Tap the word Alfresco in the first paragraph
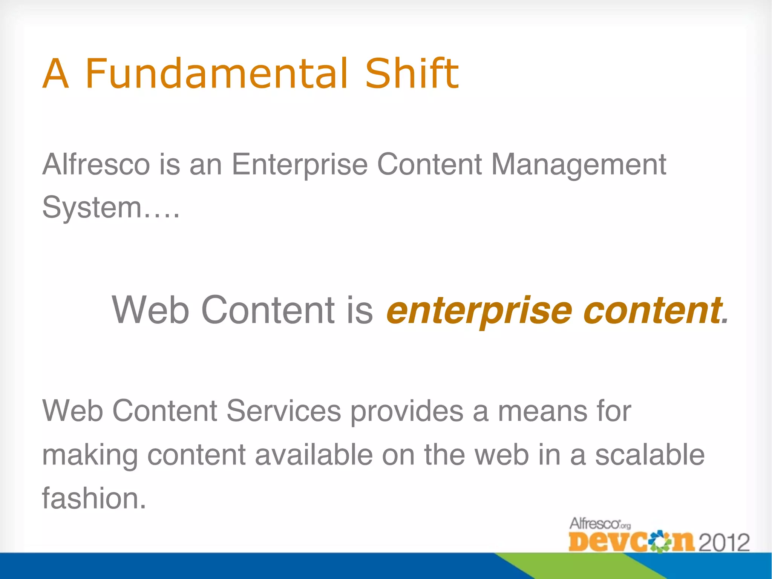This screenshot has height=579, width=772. point(96,165)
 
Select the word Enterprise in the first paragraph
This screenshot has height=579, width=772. point(299,165)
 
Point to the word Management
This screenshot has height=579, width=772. point(579,165)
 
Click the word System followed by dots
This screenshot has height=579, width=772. point(110,207)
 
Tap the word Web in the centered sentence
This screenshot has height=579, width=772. point(150,310)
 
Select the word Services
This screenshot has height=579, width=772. point(283,411)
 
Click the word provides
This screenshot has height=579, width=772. point(407,411)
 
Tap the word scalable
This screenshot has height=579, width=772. point(649,455)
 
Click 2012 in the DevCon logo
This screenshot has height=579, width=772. point(724,543)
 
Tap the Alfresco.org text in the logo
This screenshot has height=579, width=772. point(599,524)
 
